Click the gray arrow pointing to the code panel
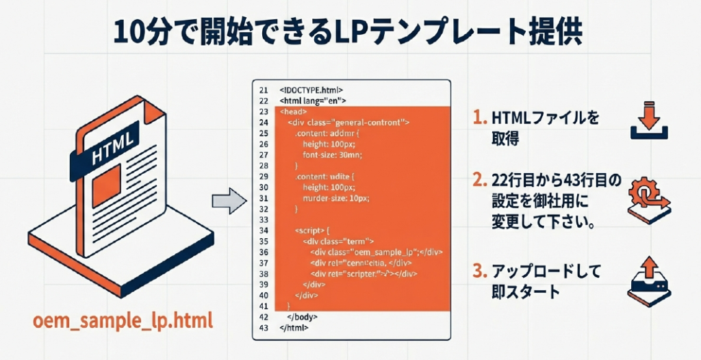228,201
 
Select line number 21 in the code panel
264,90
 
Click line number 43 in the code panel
264,328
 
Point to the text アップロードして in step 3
546,272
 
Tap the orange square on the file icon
106,185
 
